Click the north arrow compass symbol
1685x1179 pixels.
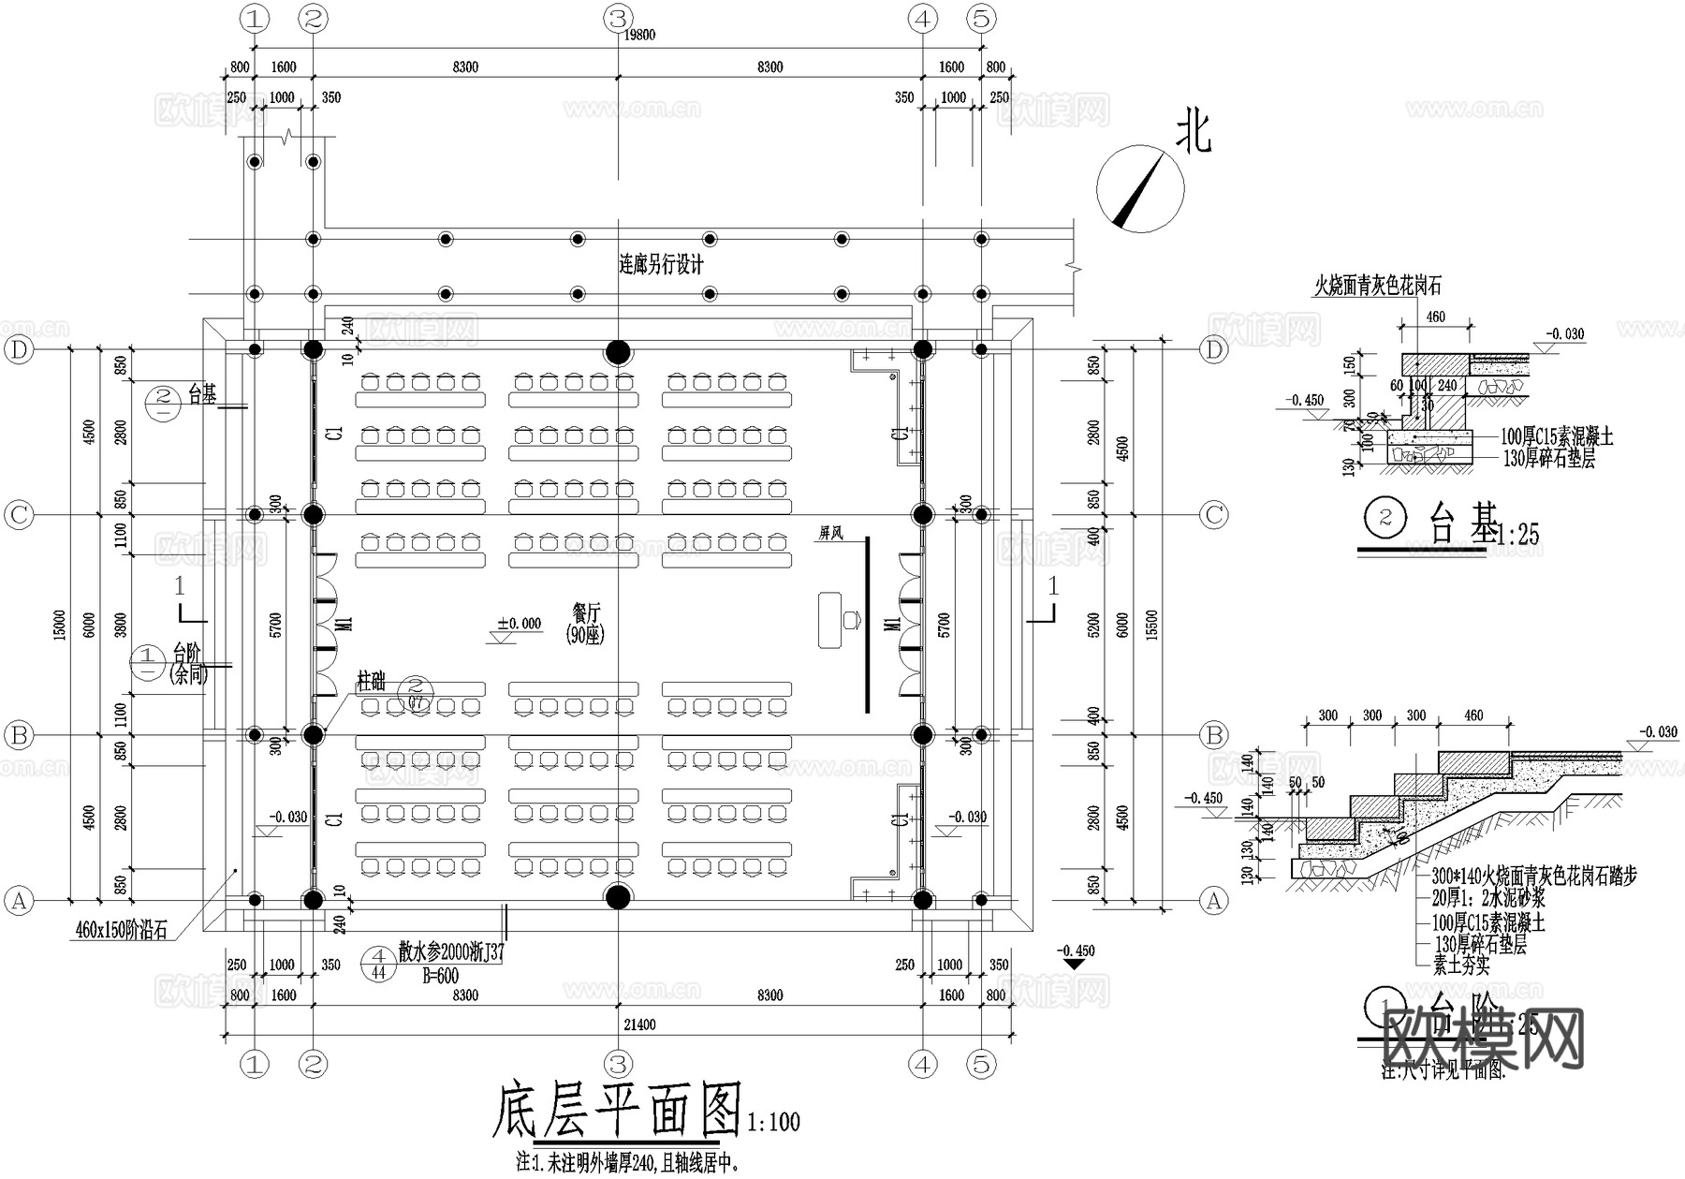[x=1140, y=189]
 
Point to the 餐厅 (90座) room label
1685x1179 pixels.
[x=587, y=623]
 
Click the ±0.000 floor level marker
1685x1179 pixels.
[x=519, y=624]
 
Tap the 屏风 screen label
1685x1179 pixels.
[x=830, y=533]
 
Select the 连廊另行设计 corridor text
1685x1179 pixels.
[x=661, y=264]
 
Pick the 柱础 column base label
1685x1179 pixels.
[x=371, y=680]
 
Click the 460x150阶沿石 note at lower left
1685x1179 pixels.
[x=120, y=932]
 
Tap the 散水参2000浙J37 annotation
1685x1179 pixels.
[x=451, y=953]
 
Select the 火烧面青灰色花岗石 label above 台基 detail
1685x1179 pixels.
[x=1377, y=287]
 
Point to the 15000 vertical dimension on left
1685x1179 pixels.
[x=60, y=625]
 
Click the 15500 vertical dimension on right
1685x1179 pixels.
[x=1152, y=625]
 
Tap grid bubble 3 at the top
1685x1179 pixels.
[x=617, y=18]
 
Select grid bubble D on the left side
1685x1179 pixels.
[x=19, y=350]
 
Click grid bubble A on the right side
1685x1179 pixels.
[x=1213, y=901]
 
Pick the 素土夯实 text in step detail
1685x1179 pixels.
[x=1460, y=964]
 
